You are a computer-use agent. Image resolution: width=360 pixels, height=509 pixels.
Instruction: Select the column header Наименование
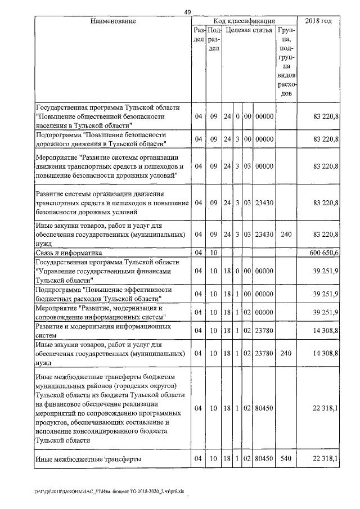point(113,21)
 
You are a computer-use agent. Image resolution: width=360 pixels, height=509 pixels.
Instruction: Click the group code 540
point(286,460)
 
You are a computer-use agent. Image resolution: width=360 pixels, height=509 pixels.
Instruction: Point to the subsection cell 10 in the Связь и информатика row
point(213,253)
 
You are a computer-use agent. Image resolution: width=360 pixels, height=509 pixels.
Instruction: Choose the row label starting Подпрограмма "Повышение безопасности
point(101,139)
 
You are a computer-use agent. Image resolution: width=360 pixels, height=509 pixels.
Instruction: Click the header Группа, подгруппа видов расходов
point(286,62)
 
